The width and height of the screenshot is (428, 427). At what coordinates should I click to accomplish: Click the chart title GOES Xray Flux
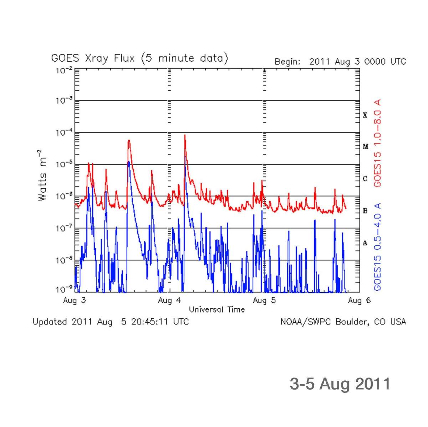pyautogui.click(x=139, y=58)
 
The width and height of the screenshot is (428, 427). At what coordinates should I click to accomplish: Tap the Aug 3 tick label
pyautogui.click(x=74, y=300)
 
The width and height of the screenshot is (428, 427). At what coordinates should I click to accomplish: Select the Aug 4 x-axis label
pyautogui.click(x=169, y=300)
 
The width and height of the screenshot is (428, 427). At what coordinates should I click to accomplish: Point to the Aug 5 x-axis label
pyautogui.click(x=264, y=300)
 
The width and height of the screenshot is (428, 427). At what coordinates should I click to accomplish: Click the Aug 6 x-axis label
pyautogui.click(x=359, y=300)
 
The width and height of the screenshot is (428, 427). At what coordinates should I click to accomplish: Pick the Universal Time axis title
pyautogui.click(x=216, y=309)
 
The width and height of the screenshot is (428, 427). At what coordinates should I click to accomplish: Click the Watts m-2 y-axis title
pyautogui.click(x=42, y=175)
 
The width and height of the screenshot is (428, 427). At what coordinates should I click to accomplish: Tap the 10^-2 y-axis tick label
pyautogui.click(x=64, y=70)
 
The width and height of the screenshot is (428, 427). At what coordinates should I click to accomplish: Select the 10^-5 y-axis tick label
pyautogui.click(x=64, y=165)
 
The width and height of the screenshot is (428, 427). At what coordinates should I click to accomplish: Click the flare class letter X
pyautogui.click(x=365, y=115)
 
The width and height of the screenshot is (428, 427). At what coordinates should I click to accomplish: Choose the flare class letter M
pyautogui.click(x=365, y=147)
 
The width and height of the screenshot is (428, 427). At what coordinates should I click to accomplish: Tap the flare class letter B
pyautogui.click(x=365, y=211)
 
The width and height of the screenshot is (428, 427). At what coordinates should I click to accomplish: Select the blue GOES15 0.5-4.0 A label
pyautogui.click(x=377, y=247)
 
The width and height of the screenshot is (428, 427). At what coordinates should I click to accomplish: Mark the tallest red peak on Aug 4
pyautogui.click(x=185, y=135)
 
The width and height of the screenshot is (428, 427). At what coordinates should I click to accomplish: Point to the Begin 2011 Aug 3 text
pyautogui.click(x=340, y=62)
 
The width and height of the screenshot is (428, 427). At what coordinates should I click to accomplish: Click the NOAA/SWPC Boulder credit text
pyautogui.click(x=343, y=322)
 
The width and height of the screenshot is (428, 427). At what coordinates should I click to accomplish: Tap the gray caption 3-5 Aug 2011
pyautogui.click(x=340, y=384)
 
